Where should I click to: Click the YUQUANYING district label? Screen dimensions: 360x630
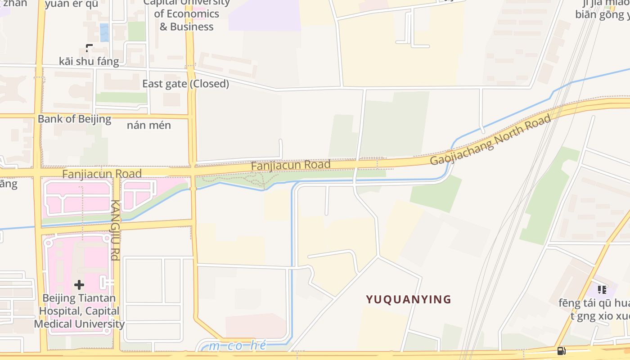tap(408, 299)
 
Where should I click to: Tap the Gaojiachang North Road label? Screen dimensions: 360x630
tap(490, 139)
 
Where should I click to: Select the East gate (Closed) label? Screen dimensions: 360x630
tap(185, 84)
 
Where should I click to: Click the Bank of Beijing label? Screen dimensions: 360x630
tap(74, 119)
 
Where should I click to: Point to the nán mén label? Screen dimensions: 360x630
tap(148, 125)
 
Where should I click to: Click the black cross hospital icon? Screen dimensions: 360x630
tap(79, 284)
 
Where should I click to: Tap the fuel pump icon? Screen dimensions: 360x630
tap(561, 351)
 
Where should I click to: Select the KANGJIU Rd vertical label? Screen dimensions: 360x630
tap(115, 230)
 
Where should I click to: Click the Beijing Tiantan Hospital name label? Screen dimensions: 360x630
tap(79, 311)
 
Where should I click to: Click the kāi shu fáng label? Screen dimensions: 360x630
tap(89, 61)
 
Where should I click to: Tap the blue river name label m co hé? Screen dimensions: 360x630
tap(238, 346)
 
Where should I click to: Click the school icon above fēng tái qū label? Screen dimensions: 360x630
tap(602, 289)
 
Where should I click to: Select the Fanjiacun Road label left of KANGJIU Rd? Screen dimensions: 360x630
tap(102, 174)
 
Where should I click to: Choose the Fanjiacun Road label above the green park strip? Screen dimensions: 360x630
tap(290, 165)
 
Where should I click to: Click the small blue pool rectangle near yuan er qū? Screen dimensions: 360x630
tap(104, 32)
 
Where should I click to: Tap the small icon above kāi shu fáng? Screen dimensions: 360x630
tap(89, 47)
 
